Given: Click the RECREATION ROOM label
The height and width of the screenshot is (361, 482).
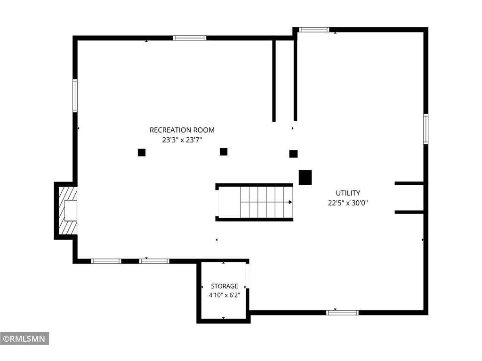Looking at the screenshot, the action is pyautogui.click(x=182, y=130).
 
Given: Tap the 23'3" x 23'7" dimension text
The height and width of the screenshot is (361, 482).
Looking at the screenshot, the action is pyautogui.click(x=182, y=140).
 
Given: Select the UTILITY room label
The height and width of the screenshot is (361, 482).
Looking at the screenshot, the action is pyautogui.click(x=348, y=193).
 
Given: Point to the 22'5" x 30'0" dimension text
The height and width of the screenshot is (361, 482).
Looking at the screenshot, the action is pyautogui.click(x=348, y=203).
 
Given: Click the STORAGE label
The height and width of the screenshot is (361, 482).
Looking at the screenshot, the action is pyautogui.click(x=225, y=286).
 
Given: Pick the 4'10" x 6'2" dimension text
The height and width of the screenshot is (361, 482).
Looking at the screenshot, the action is pyautogui.click(x=225, y=295).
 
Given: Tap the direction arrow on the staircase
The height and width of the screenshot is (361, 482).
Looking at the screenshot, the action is pyautogui.click(x=266, y=202).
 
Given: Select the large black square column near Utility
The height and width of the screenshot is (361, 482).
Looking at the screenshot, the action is pyautogui.click(x=305, y=177).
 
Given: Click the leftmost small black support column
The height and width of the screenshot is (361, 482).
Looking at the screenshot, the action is pyautogui.click(x=141, y=152).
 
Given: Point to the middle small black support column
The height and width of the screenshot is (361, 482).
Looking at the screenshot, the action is pyautogui.click(x=224, y=152).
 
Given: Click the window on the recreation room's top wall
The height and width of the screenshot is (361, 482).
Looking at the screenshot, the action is pyautogui.click(x=189, y=38).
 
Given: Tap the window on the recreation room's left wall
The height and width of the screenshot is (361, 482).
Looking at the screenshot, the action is pyautogui.click(x=75, y=95).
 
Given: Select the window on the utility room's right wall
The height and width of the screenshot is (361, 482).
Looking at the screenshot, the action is pyautogui.click(x=426, y=129).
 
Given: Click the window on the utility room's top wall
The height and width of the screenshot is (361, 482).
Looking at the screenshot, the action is pyautogui.click(x=314, y=30).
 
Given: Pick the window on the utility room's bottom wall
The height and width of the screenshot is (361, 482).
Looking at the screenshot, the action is pyautogui.click(x=343, y=313).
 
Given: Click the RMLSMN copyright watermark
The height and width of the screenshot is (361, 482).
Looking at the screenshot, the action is pyautogui.click(x=24, y=338).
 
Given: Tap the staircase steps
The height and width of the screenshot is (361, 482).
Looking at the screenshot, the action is pyautogui.click(x=266, y=202).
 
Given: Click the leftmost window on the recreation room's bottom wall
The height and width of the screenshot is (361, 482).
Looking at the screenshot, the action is pyautogui.click(x=106, y=261).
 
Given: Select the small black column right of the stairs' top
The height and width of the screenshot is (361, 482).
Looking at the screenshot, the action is pyautogui.click(x=293, y=154).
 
